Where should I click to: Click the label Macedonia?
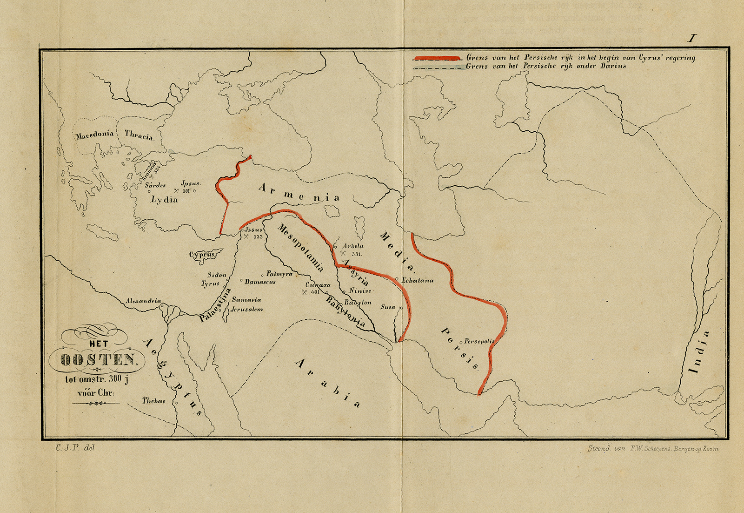point(94,135)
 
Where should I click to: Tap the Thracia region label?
point(139,135)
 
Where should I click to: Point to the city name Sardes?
point(155,185)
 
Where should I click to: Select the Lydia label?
point(164,200)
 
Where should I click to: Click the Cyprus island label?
point(202,255)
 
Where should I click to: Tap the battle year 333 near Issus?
point(258,237)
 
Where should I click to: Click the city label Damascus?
point(260,282)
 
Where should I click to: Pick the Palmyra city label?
point(279,274)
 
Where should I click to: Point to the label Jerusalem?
point(247,309)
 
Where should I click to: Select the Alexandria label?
point(143,301)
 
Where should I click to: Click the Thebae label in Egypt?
point(153,401)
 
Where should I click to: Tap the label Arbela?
point(352,246)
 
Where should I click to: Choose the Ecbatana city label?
point(418,280)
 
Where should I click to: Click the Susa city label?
point(387,307)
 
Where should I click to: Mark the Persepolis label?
point(479,341)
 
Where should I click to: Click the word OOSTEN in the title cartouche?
point(99,360)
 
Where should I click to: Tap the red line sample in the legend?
point(437,58)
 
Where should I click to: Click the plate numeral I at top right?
point(692,38)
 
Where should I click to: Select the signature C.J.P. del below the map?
point(75,448)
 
